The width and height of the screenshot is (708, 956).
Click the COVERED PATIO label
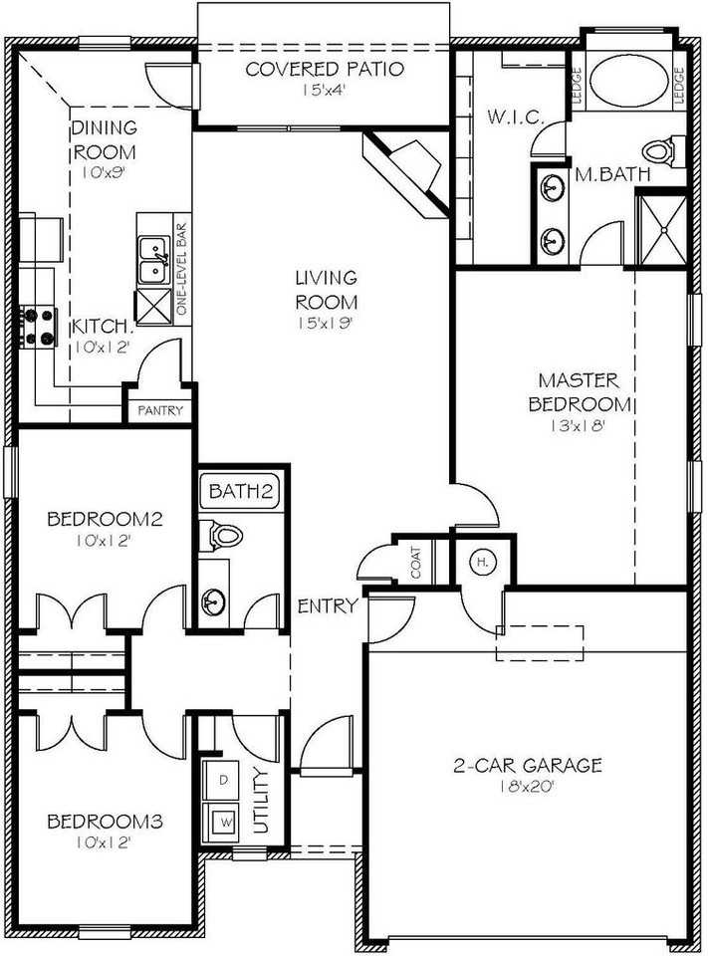click(x=324, y=70)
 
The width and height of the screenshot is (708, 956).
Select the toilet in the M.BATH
click(x=660, y=151)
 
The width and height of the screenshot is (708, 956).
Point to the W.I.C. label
click(x=515, y=118)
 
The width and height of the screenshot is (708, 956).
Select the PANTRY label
click(x=159, y=410)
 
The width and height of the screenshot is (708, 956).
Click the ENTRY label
click(x=329, y=605)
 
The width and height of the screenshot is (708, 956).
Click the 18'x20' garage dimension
click(x=528, y=787)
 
